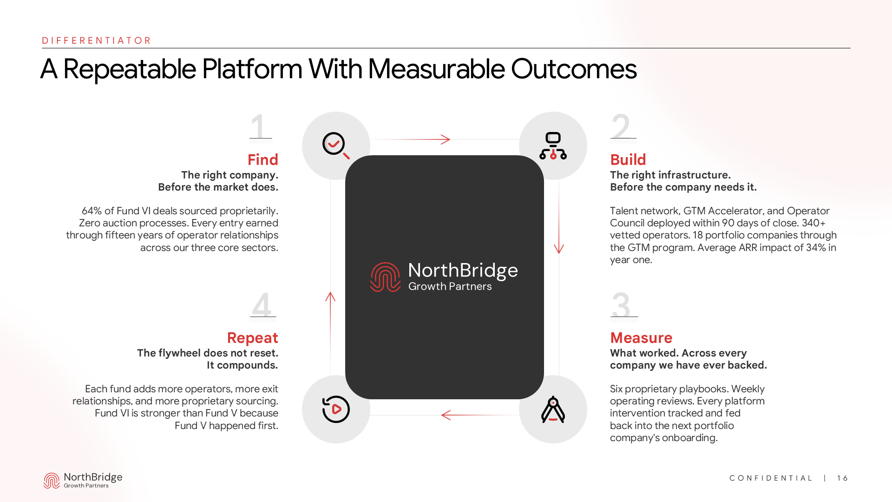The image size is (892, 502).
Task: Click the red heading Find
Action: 262,159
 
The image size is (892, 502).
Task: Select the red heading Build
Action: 628,159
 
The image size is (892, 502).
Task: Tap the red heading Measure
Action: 641,337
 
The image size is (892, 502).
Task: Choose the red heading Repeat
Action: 252,337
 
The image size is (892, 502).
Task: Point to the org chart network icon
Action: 553,145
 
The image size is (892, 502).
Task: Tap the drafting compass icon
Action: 553,410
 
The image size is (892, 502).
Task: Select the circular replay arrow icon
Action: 336,410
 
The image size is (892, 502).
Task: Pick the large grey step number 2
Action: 621,126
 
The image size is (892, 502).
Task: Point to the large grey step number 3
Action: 621,305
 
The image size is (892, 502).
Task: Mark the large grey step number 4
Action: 262,305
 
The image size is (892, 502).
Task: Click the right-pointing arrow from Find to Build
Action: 445,139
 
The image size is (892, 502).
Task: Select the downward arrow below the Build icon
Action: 559,248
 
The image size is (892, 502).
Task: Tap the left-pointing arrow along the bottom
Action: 446,415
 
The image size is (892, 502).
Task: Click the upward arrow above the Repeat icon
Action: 330,297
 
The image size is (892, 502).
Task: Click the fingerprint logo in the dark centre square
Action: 385,277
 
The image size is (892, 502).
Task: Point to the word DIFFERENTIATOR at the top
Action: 97,40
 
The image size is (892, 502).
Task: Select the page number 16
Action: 842,478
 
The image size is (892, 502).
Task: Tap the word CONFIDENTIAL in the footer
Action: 771,478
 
